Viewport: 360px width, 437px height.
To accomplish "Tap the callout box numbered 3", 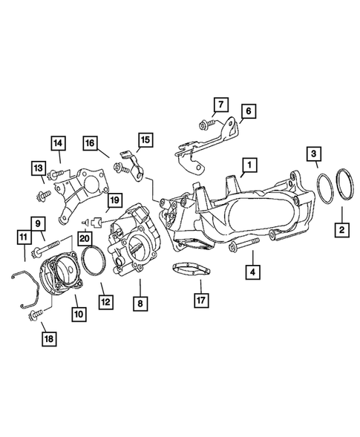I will pyautogui.click(x=315, y=154).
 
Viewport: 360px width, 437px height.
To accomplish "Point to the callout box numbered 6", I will pyautogui.click(x=249, y=111).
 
